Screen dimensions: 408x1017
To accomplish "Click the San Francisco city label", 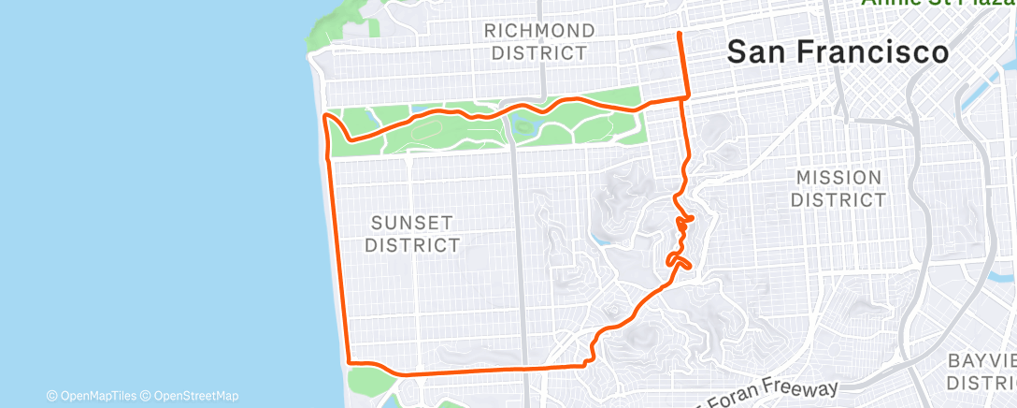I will [x=838, y=52].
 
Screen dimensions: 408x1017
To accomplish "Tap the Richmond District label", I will [x=540, y=42].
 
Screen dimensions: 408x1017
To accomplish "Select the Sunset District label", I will [x=412, y=234].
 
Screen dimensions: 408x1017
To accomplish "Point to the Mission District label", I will [x=838, y=188].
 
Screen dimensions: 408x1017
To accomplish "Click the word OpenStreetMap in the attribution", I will [x=195, y=396].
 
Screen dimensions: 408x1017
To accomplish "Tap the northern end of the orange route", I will [x=679, y=33].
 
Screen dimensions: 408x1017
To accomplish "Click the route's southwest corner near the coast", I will [x=349, y=362].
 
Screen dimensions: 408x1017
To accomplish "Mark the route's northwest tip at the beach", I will [x=324, y=115].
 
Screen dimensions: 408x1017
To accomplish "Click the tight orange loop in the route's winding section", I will [x=677, y=259].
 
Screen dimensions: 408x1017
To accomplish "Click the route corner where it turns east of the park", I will [x=688, y=95].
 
